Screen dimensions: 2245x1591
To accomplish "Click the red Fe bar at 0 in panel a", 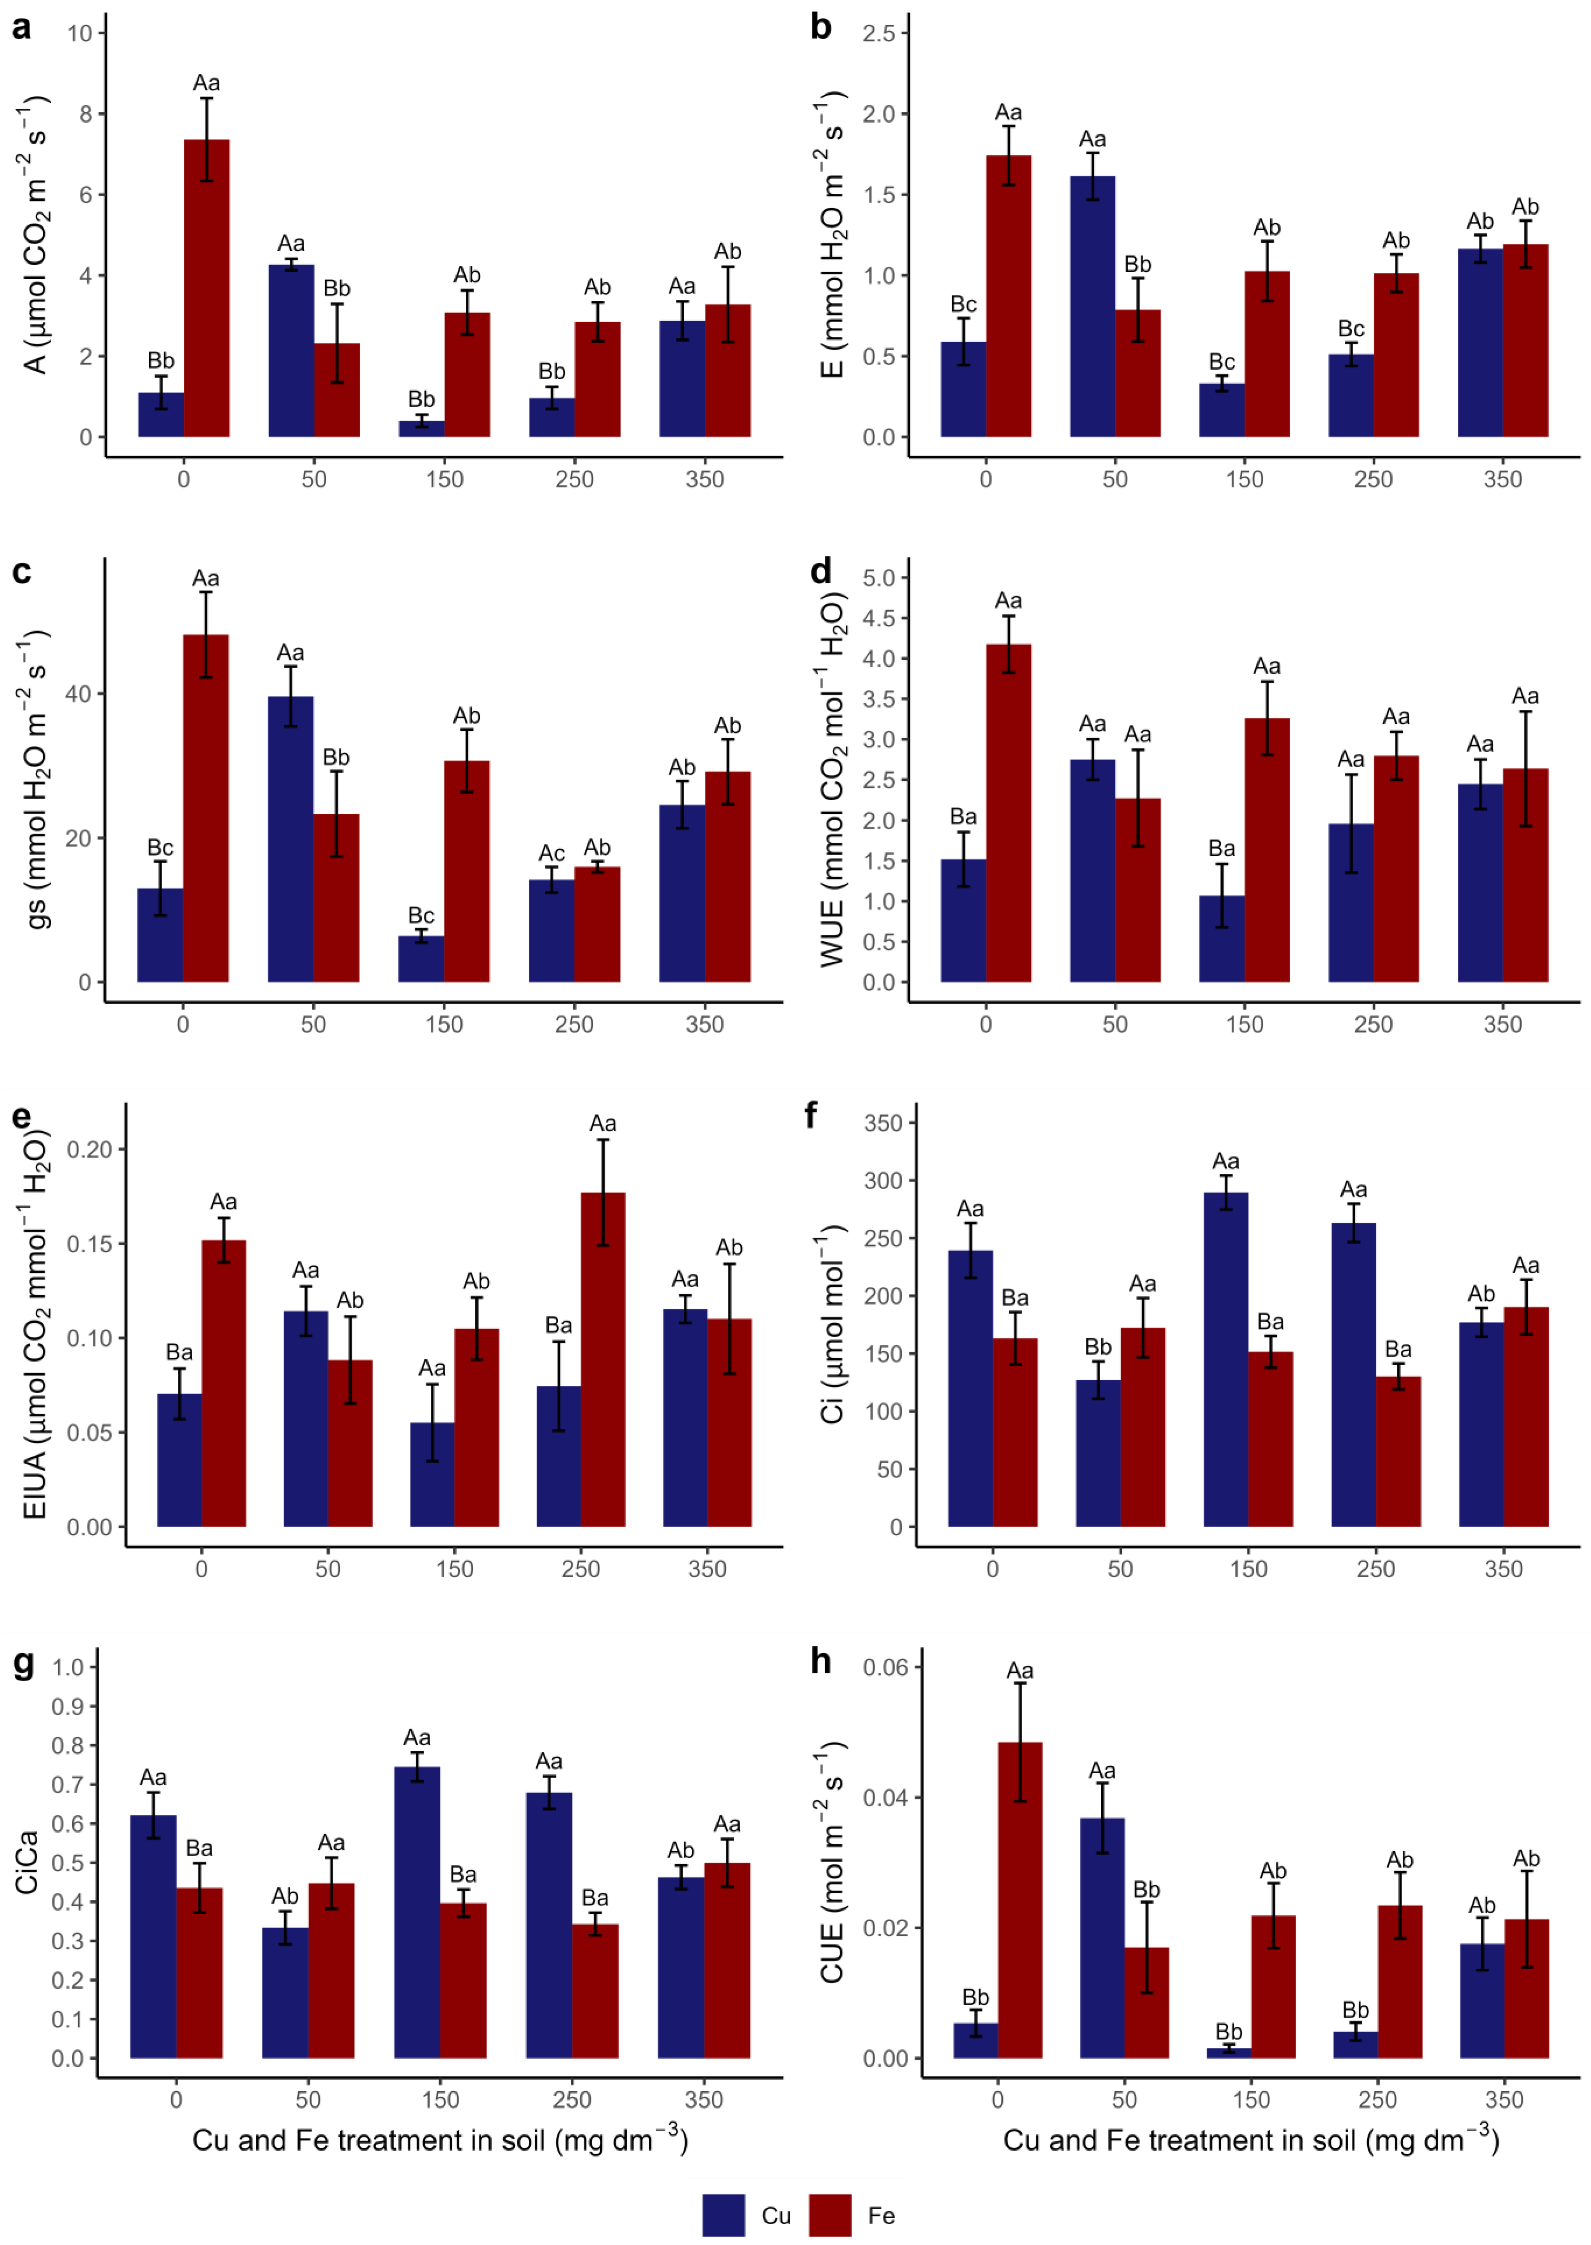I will (207, 289).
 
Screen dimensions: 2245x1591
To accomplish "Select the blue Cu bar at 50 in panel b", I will (1092, 307).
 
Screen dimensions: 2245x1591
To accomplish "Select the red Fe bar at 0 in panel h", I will (1020, 1900).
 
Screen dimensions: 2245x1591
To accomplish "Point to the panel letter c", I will (22, 572).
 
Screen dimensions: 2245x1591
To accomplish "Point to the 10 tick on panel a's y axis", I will (79, 33).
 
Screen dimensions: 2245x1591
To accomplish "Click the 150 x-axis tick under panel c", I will (444, 1025).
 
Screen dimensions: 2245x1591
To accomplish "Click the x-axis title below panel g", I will (440, 2140).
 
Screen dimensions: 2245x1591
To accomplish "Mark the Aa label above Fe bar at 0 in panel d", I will (1008, 600).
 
